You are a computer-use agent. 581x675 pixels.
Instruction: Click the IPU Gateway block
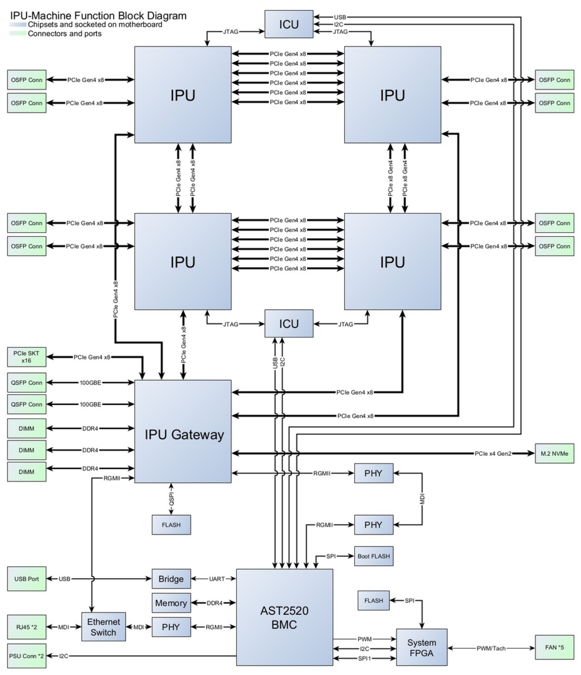[x=183, y=431]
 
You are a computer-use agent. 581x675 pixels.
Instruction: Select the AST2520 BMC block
[x=284, y=617]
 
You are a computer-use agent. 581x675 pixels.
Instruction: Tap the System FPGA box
[x=421, y=647]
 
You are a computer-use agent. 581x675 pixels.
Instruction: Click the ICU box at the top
[x=289, y=24]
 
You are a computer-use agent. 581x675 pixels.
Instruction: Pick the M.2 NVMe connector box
[x=554, y=453]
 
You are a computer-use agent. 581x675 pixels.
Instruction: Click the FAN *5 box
[x=554, y=647]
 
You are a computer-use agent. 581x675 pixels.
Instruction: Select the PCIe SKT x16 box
[x=26, y=357]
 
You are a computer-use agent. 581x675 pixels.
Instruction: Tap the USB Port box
[x=26, y=579]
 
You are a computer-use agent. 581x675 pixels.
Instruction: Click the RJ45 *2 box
[x=26, y=627]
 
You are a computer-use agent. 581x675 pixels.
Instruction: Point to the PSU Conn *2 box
[x=26, y=656]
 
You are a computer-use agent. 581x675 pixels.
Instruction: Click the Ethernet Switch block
[x=103, y=627]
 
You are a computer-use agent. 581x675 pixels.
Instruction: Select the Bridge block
[x=171, y=579]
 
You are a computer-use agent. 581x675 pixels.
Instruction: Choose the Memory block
[x=171, y=603]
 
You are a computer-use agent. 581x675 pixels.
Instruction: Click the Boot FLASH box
[x=374, y=556]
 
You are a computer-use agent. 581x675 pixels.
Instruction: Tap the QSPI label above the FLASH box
[x=171, y=499]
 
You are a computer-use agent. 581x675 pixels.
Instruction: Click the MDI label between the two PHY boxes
[x=422, y=499]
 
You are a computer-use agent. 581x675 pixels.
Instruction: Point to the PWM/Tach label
[x=491, y=648]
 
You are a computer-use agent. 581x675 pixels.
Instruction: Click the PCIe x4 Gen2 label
[x=493, y=453]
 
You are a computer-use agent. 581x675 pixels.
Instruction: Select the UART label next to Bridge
[x=217, y=579]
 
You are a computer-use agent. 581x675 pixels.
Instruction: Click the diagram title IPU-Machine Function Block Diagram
[x=98, y=16]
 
